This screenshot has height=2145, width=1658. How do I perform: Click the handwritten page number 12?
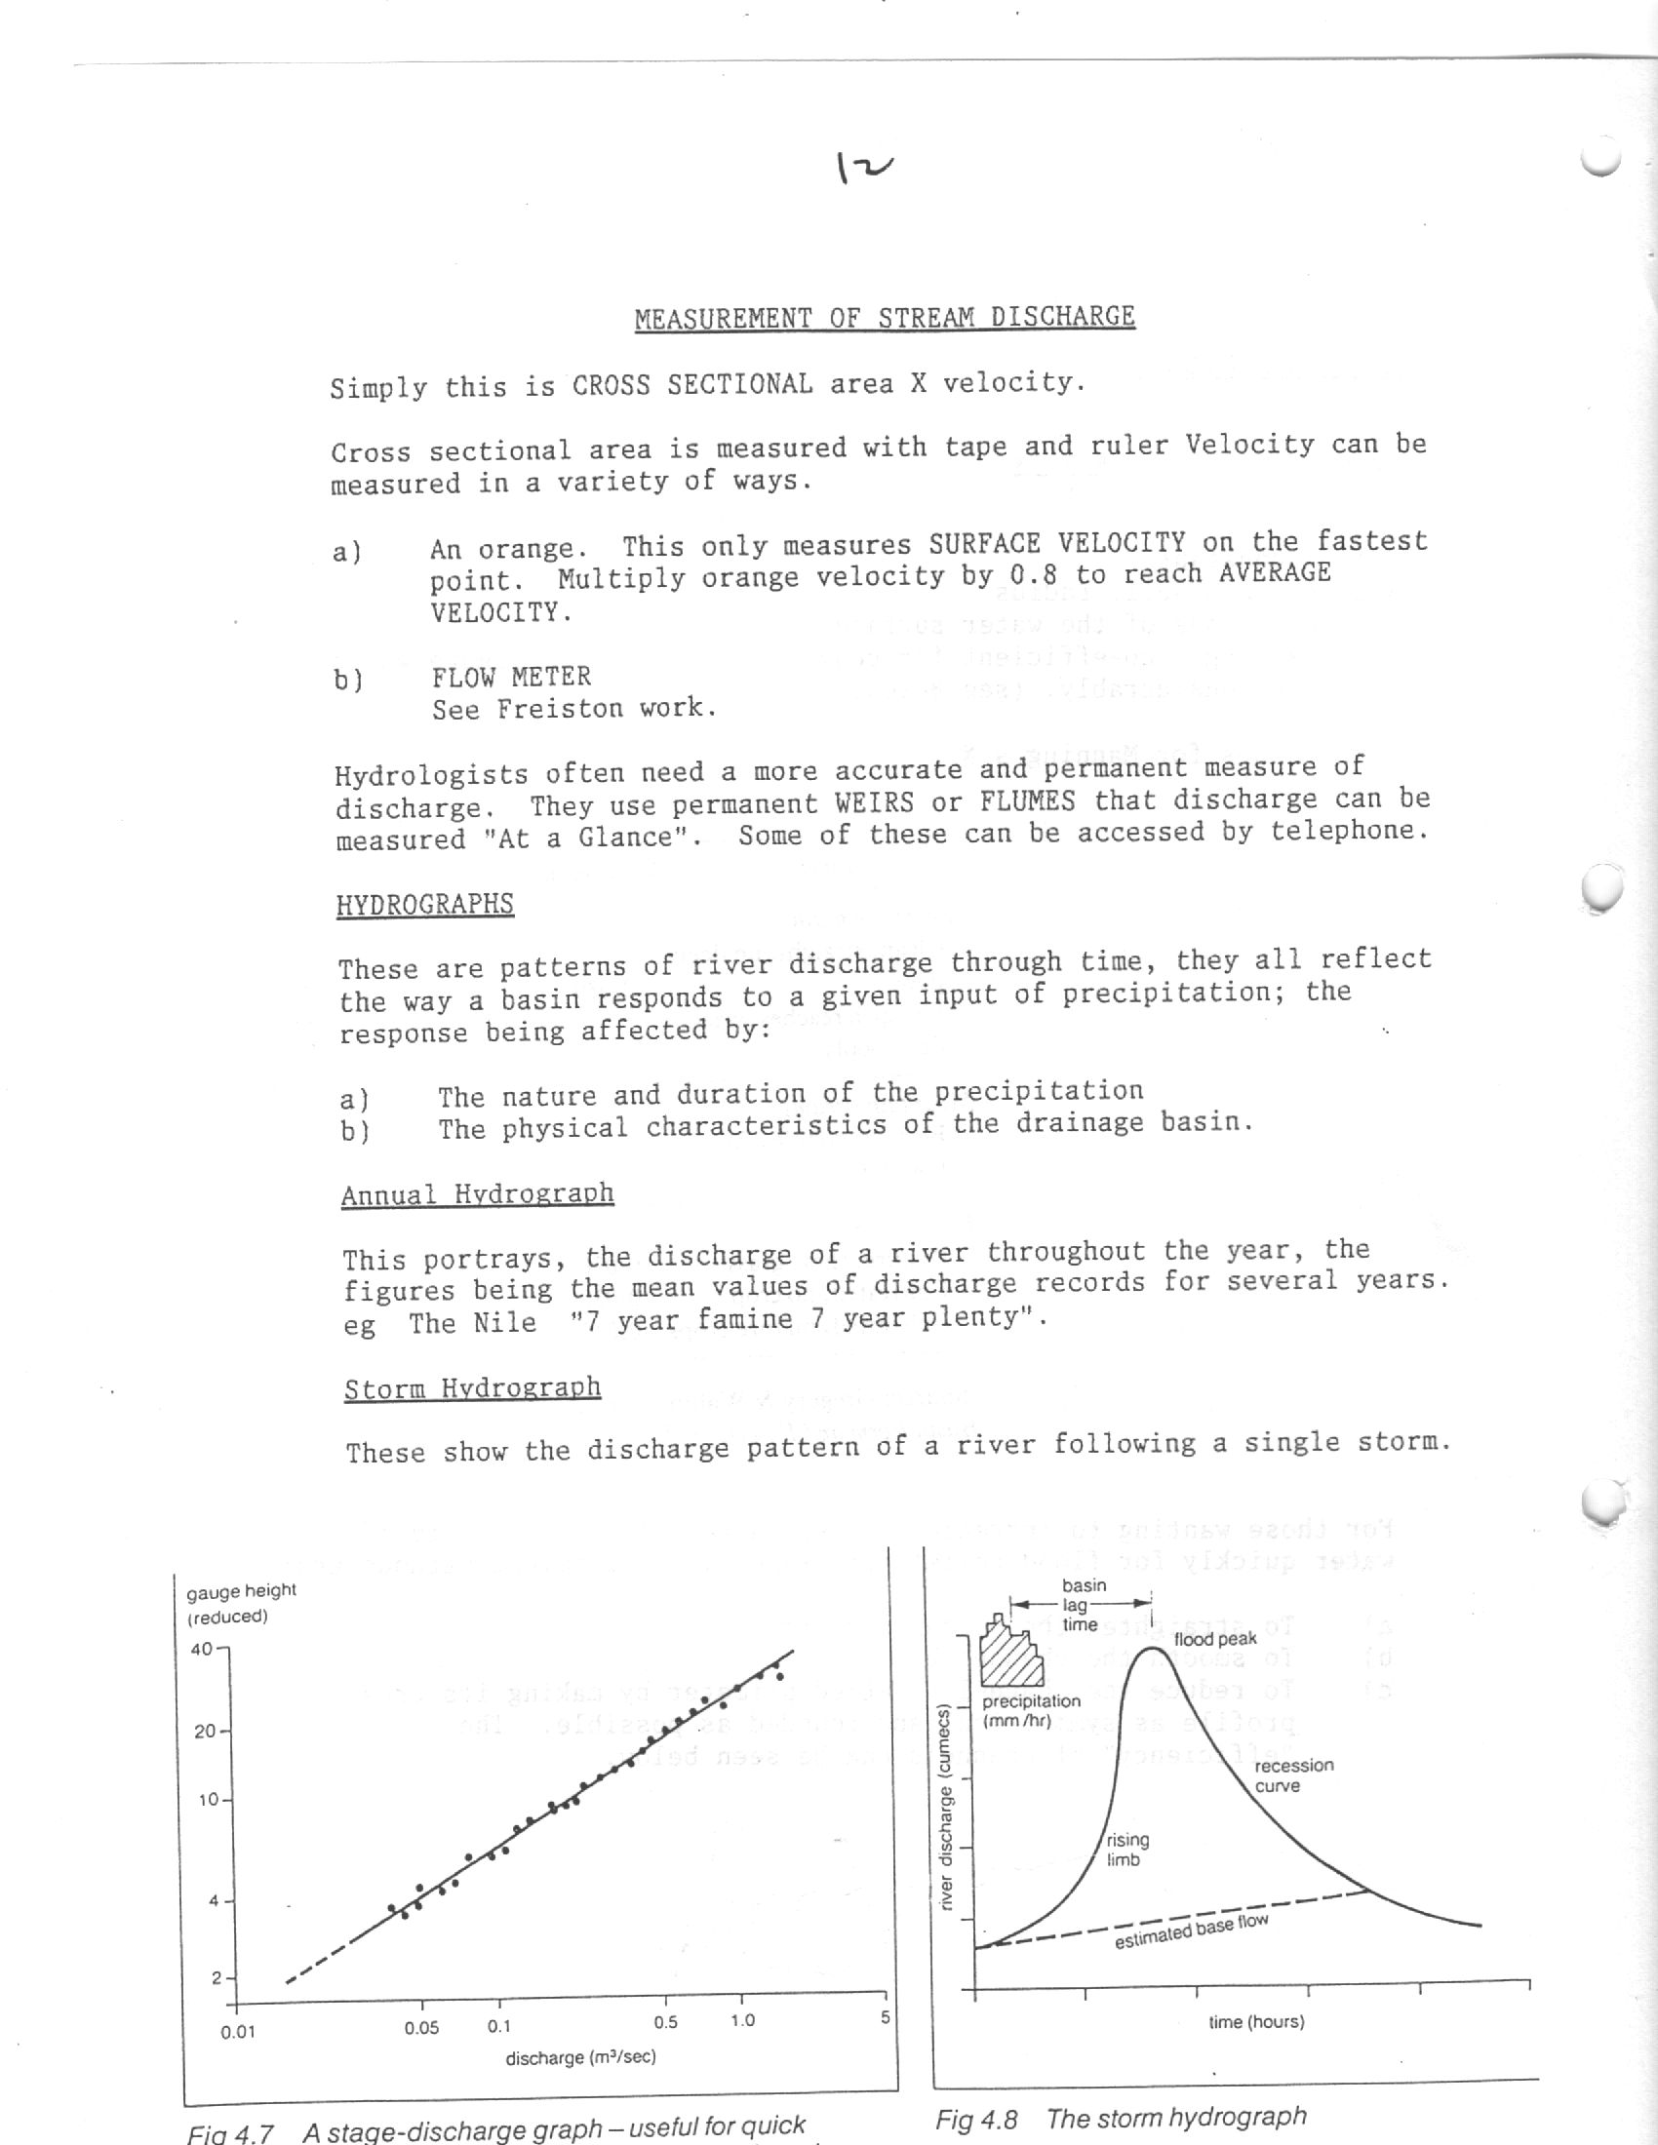click(x=863, y=168)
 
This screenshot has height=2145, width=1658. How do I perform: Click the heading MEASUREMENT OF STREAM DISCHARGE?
click(x=884, y=317)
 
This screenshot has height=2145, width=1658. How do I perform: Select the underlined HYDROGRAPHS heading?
click(x=424, y=904)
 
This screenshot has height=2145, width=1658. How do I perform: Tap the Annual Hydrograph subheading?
click(x=477, y=1194)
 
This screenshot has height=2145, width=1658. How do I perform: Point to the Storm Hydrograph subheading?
click(x=471, y=1387)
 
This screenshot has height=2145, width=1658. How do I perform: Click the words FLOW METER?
click(x=511, y=677)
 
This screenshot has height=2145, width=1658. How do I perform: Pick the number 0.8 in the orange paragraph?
click(x=1034, y=574)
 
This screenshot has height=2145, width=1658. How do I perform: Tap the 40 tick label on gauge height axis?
click(x=201, y=1649)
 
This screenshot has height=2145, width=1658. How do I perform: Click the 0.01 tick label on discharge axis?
click(x=237, y=2033)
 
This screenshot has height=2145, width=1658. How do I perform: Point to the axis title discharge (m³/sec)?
click(x=580, y=2057)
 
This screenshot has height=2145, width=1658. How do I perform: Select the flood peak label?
click(x=1215, y=1639)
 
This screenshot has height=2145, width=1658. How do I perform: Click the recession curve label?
click(x=1293, y=1774)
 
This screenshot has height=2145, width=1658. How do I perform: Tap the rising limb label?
click(x=1126, y=1850)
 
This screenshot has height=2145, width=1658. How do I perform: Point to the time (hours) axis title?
click(x=1256, y=2021)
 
